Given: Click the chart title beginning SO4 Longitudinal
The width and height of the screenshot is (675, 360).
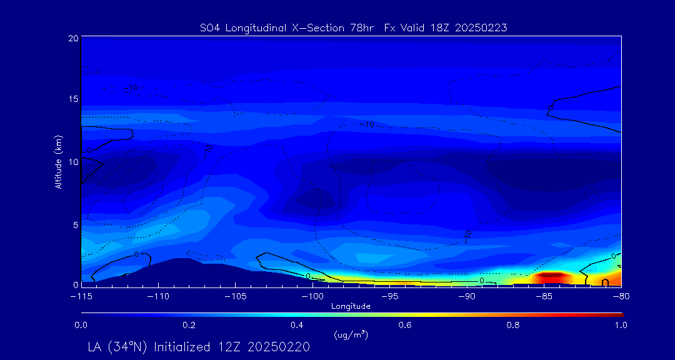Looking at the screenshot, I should tap(352, 27).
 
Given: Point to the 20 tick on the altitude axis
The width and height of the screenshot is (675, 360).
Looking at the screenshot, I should tap(73, 38).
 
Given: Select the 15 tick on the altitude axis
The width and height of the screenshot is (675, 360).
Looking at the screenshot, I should tap(73, 99).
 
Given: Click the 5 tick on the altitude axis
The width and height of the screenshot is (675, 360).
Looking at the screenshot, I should tap(75, 224).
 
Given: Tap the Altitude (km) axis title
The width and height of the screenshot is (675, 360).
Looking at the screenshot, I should tap(59, 161).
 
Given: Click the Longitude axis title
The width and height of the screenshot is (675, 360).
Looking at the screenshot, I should tap(351, 306).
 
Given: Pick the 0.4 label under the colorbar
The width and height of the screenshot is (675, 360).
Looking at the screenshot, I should tap(297, 325).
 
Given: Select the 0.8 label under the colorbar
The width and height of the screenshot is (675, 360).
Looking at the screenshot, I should tap(513, 325).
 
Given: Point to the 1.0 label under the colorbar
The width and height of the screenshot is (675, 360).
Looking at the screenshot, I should tap(620, 325).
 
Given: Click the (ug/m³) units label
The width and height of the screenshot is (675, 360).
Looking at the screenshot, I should tap(351, 335).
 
